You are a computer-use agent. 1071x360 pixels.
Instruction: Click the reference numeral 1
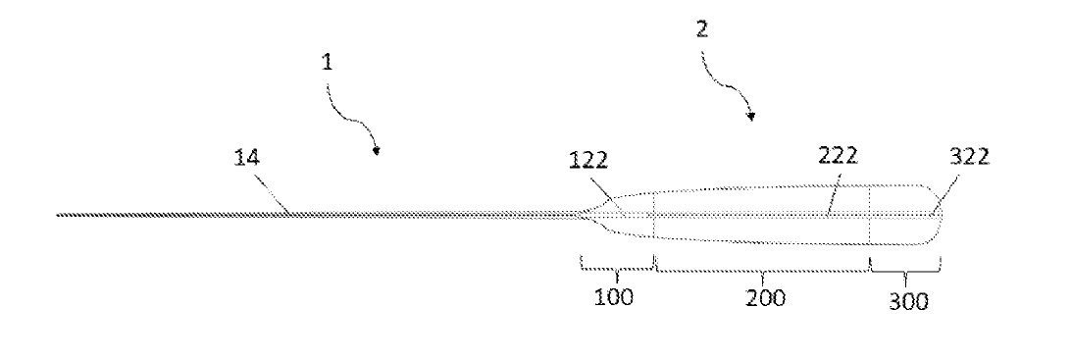[x=328, y=63]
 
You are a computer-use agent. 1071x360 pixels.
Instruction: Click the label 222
[x=839, y=157]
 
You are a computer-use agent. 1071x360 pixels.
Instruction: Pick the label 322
[x=969, y=158]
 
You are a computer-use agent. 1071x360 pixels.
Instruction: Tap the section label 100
[x=613, y=298]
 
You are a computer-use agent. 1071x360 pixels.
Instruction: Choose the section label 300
[x=908, y=301]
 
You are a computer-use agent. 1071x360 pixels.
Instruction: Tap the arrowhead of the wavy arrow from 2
[x=751, y=118]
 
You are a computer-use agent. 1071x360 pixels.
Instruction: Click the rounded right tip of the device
[x=943, y=216]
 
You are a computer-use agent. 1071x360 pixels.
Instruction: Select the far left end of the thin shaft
[x=57, y=215]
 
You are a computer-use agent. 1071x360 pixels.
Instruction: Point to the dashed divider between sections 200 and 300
[x=870, y=215]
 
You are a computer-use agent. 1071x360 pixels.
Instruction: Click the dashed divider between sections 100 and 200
[x=654, y=215]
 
